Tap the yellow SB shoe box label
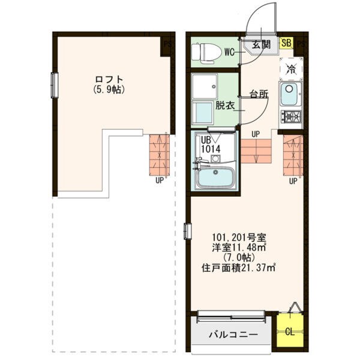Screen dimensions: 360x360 286,43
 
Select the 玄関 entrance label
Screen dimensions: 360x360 261,44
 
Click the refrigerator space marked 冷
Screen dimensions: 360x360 291,69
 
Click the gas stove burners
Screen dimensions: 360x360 291,116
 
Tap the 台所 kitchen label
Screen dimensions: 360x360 259,94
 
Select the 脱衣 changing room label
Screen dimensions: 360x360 225,106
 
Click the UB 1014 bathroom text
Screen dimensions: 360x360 211,145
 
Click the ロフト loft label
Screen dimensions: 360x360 109,80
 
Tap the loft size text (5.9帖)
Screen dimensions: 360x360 109,89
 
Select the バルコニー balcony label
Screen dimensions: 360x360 233,335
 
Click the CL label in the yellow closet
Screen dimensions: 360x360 290,332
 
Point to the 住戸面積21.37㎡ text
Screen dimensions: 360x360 238,268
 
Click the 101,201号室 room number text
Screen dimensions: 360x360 239,237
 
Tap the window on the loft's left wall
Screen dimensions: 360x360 55,85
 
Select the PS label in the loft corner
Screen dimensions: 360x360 167,44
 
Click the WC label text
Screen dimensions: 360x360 230,53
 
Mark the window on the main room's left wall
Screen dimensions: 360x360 188,231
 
